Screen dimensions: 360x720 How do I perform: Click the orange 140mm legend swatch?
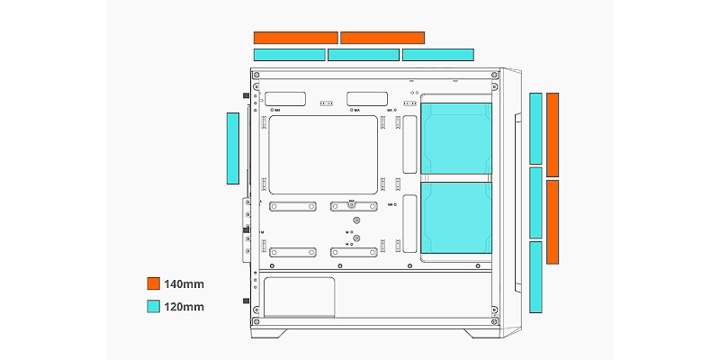click(x=153, y=284)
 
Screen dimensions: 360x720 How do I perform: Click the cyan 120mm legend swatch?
click(x=153, y=307)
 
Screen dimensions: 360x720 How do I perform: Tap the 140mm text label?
click(x=184, y=284)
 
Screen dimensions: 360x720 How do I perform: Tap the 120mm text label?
click(x=184, y=307)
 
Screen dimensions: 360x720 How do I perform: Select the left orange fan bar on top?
click(x=295, y=38)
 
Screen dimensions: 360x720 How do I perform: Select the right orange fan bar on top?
click(x=382, y=38)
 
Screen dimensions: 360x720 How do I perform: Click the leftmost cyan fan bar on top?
click(x=289, y=55)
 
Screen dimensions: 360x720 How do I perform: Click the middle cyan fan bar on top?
click(x=364, y=55)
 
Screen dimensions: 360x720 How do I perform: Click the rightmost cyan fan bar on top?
click(x=438, y=55)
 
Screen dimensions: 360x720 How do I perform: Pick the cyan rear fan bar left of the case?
click(x=232, y=148)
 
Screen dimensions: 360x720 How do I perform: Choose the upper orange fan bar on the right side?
click(x=553, y=134)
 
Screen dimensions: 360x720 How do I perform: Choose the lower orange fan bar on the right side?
click(x=553, y=222)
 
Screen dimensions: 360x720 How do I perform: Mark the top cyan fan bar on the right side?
click(x=535, y=128)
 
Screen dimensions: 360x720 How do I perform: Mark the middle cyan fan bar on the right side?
click(x=535, y=202)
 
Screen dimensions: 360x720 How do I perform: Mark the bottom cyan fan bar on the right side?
click(x=535, y=277)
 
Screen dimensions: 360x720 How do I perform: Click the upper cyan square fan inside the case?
click(x=457, y=139)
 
